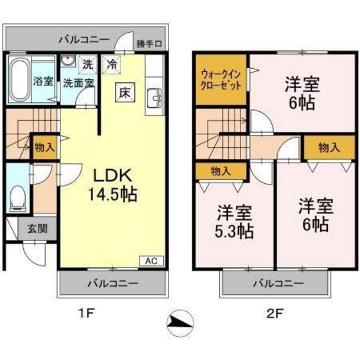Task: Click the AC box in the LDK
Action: click(x=152, y=261)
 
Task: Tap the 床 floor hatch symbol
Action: click(x=125, y=93)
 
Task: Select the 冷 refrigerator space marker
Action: click(x=112, y=64)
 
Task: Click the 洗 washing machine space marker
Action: click(x=87, y=64)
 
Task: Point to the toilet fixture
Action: click(x=17, y=198)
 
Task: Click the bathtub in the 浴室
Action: click(x=19, y=80)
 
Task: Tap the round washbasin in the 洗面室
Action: click(x=68, y=61)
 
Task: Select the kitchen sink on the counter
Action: click(x=154, y=98)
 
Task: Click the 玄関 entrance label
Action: click(x=37, y=229)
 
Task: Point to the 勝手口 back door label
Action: click(x=149, y=44)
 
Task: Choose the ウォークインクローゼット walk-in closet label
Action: click(x=221, y=80)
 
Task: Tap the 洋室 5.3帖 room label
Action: click(x=234, y=222)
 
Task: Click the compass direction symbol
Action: click(x=180, y=323)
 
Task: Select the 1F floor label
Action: click(x=87, y=313)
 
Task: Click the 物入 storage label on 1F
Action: click(x=45, y=147)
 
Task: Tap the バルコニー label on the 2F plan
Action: click(x=278, y=283)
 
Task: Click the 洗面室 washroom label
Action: click(x=78, y=83)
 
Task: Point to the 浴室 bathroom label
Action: click(x=43, y=81)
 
